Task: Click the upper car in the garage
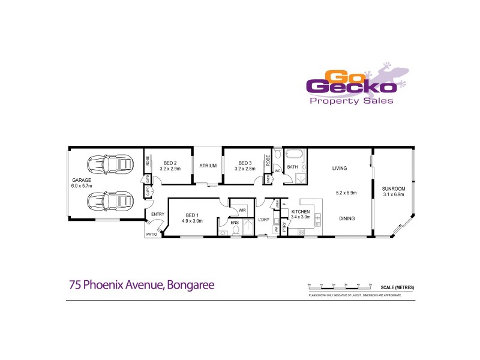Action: tap(110, 164)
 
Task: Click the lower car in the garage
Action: tap(110, 200)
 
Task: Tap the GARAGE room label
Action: tap(82, 180)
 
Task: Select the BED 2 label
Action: tap(170, 163)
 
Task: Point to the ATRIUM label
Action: tap(208, 166)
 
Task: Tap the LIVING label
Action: tap(340, 169)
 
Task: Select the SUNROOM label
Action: tap(394, 189)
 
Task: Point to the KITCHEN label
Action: tap(300, 212)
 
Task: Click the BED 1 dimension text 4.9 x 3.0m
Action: tap(191, 221)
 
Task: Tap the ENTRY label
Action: tap(158, 214)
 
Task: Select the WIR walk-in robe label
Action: tap(242, 211)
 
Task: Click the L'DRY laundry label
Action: tap(263, 220)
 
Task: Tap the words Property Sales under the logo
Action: tap(351, 101)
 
